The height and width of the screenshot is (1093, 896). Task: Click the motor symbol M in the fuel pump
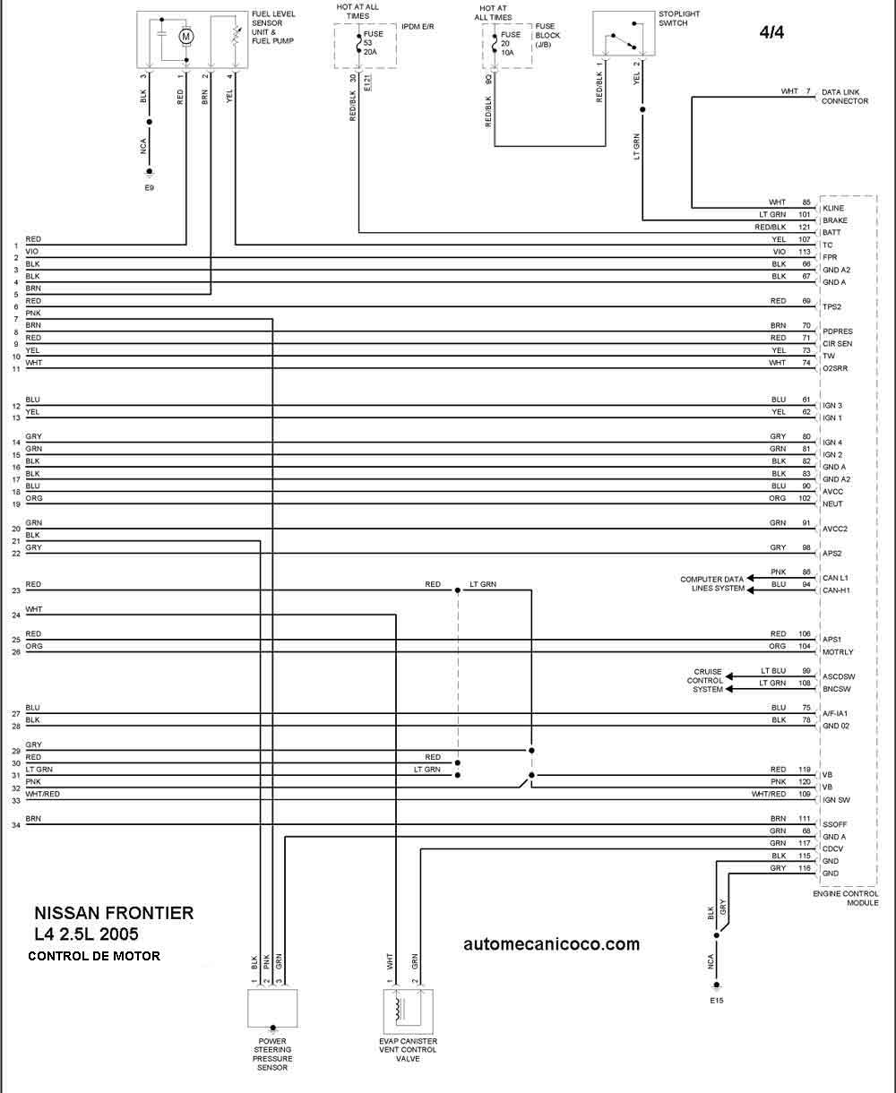[186, 36]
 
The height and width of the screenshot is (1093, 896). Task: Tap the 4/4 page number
[771, 32]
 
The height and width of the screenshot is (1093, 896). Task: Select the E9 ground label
[150, 187]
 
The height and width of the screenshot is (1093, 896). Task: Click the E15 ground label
[716, 1000]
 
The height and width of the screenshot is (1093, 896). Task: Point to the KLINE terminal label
[833, 209]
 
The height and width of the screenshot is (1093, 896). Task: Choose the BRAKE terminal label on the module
[835, 220]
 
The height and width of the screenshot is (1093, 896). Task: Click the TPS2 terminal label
[831, 306]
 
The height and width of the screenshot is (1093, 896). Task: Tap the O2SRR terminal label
[835, 368]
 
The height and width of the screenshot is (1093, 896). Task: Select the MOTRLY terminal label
[838, 652]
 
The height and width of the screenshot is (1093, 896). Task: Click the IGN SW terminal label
[836, 800]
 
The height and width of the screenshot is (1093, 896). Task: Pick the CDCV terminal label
[832, 849]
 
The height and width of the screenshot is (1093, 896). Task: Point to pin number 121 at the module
[805, 227]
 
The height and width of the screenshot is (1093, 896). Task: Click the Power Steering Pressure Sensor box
[272, 1009]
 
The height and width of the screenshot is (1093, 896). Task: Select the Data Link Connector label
[845, 97]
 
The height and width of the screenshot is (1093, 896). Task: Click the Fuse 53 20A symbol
[358, 43]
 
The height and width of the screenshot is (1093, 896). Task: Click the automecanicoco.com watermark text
[551, 943]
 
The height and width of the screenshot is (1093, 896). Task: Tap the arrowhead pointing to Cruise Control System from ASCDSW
[729, 676]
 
